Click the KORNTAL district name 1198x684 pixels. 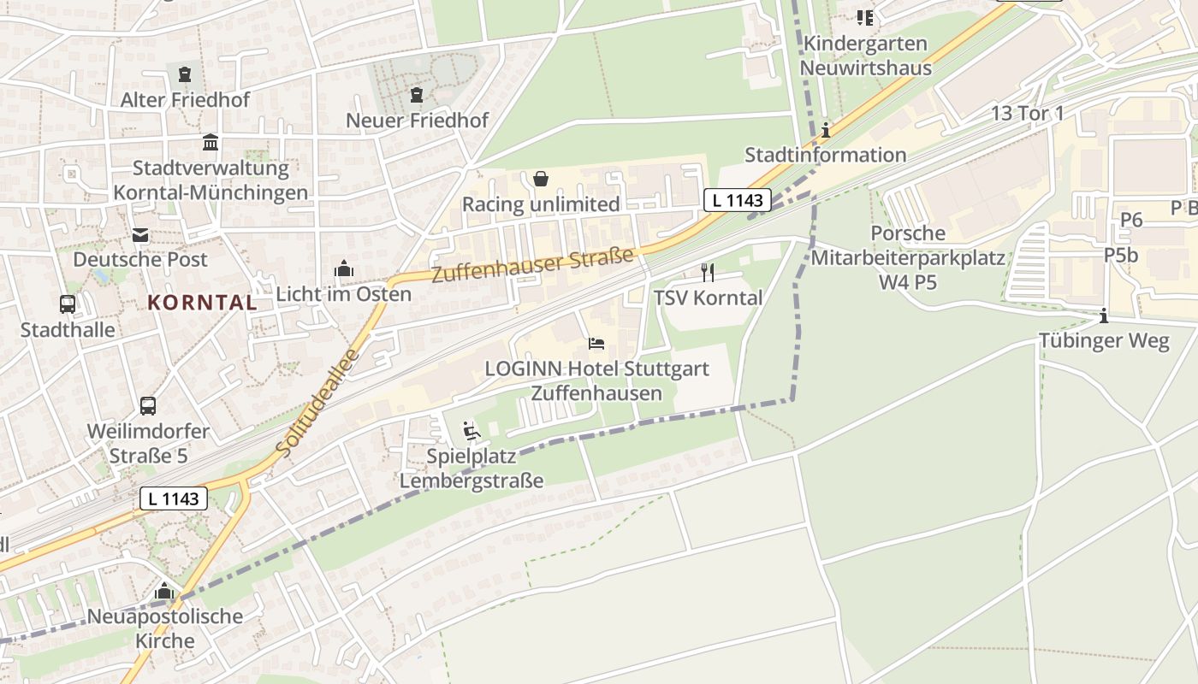coord(202,302)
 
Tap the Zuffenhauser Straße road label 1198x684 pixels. coord(532,264)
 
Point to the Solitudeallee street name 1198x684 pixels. coord(317,401)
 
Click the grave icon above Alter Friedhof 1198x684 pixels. coord(185,74)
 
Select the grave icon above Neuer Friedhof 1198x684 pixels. coord(417,95)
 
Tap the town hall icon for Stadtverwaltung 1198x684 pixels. coord(211,142)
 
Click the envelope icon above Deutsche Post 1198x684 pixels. coord(140,234)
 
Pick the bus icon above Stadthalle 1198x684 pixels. coord(67,304)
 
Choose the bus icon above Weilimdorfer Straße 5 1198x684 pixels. coord(148,405)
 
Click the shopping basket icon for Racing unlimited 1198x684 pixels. coord(541,179)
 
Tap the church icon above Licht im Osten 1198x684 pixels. coord(344,268)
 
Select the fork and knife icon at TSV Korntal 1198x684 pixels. coord(708,273)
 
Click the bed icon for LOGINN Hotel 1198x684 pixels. coord(596,344)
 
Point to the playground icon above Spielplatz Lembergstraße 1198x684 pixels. coord(471,430)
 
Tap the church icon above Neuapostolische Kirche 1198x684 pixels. coord(164,591)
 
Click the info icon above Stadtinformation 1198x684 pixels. coord(826,130)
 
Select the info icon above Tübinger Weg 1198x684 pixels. coord(1104,315)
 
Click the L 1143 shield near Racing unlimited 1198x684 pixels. coord(738,200)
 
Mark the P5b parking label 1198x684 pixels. coord(1120,255)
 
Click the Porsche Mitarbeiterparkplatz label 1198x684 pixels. coord(908,256)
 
